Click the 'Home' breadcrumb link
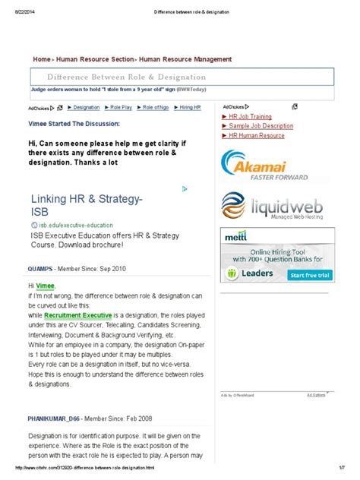point(41,58)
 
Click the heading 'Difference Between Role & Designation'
point(126,77)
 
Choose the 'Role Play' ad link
point(121,108)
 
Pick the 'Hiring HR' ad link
point(190,108)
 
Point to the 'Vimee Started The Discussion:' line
point(74,122)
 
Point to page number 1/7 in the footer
point(342,468)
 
